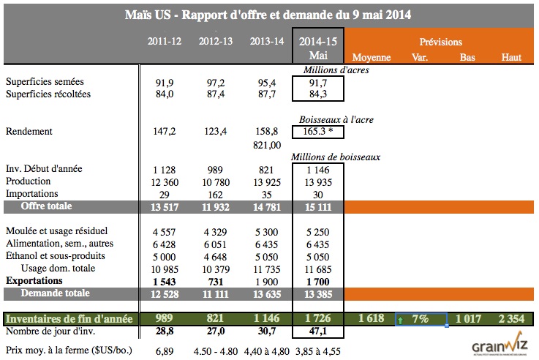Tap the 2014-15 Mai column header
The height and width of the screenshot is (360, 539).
(x=317, y=48)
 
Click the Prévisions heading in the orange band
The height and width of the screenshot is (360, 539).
(x=441, y=42)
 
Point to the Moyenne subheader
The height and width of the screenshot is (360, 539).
(x=372, y=57)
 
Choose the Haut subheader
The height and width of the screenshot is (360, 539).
(x=511, y=57)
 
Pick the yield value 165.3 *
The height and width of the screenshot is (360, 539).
(x=317, y=132)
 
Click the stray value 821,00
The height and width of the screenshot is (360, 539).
(x=266, y=145)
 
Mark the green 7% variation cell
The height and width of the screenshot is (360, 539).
(x=421, y=319)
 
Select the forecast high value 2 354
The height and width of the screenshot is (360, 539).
(x=510, y=319)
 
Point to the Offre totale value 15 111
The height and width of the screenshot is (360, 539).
(x=317, y=206)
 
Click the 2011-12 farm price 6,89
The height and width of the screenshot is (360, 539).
(x=165, y=350)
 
